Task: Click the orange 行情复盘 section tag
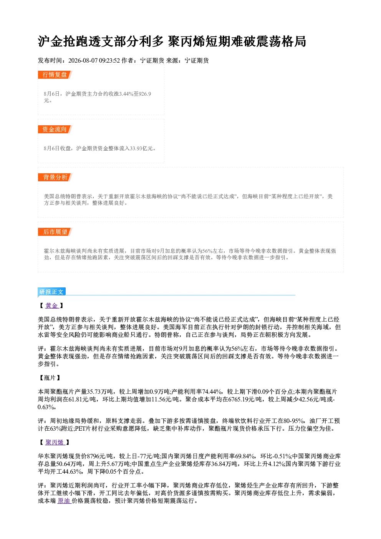[x=55, y=75]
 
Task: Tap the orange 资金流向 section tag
[x=55, y=129]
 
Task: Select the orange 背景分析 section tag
[x=55, y=177]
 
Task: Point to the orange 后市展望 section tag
[x=55, y=232]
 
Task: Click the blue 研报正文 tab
[x=51, y=292]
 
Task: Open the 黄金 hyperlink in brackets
[x=52, y=305]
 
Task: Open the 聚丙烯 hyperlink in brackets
[x=55, y=442]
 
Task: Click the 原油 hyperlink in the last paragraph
[x=64, y=501]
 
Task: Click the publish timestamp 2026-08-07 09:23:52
[x=94, y=60]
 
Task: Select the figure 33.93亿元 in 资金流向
[x=142, y=148]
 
